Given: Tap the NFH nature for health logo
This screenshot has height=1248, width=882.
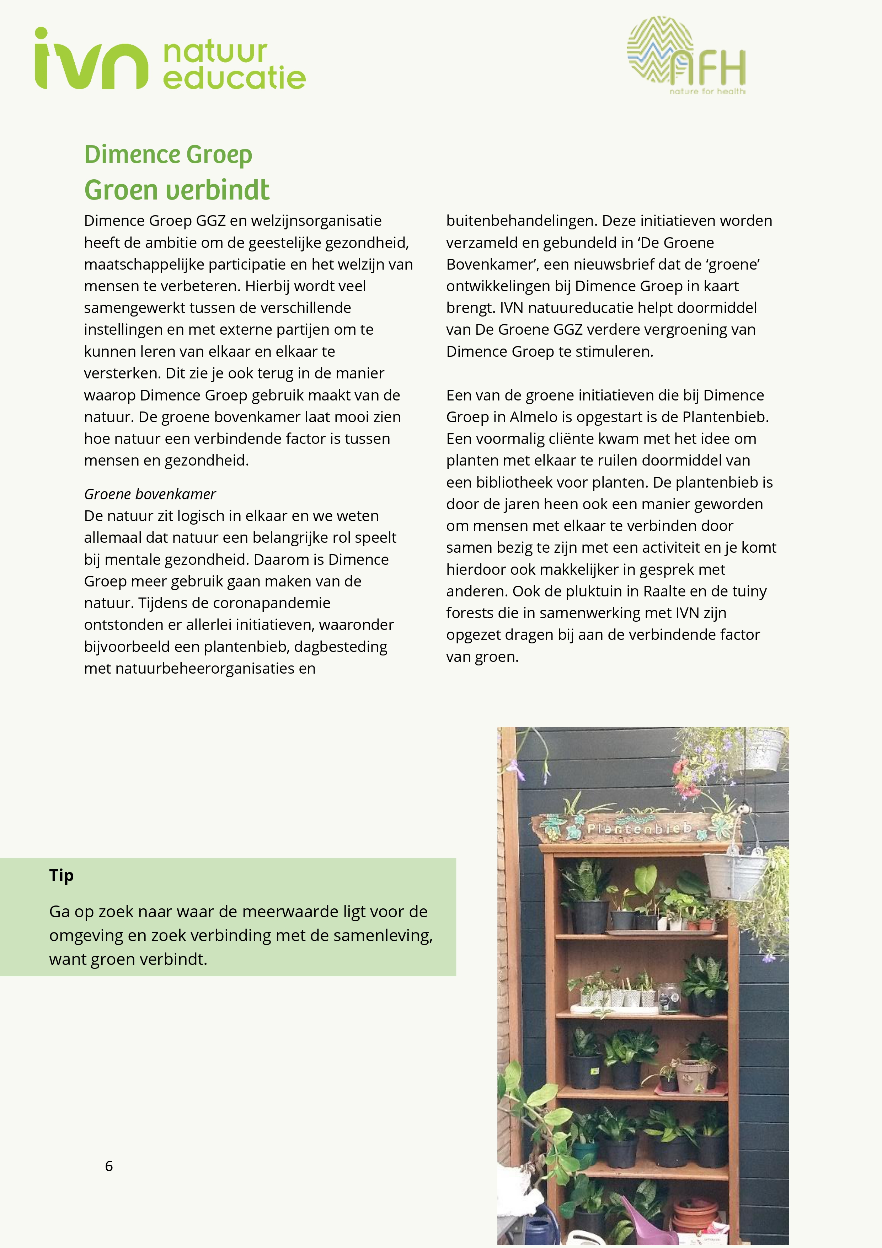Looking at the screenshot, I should click(686, 56).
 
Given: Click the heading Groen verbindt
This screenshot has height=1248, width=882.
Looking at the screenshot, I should click(177, 190).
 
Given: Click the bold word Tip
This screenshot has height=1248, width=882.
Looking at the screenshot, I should click(62, 876).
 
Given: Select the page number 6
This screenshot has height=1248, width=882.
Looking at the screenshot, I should click(109, 1166).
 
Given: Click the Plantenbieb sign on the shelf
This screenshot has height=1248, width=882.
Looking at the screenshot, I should click(639, 828).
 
